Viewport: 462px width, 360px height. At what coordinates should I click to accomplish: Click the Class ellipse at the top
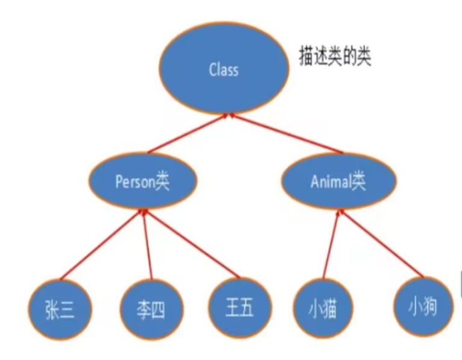pyautogui.click(x=223, y=70)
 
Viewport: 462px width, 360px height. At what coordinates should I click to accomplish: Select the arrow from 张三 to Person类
pyautogui.click(x=102, y=245)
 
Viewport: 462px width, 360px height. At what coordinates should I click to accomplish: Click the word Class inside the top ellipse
pyautogui.click(x=223, y=70)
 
